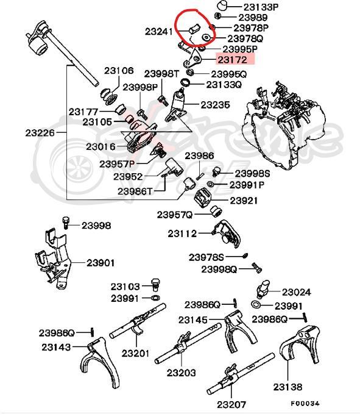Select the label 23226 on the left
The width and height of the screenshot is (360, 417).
40,132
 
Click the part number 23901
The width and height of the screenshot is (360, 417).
101,263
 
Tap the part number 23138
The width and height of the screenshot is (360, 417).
288,387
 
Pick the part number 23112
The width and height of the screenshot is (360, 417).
183,233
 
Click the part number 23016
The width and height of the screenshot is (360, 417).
101,146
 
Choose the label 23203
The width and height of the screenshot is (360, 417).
182,372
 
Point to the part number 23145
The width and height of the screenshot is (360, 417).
193,320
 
